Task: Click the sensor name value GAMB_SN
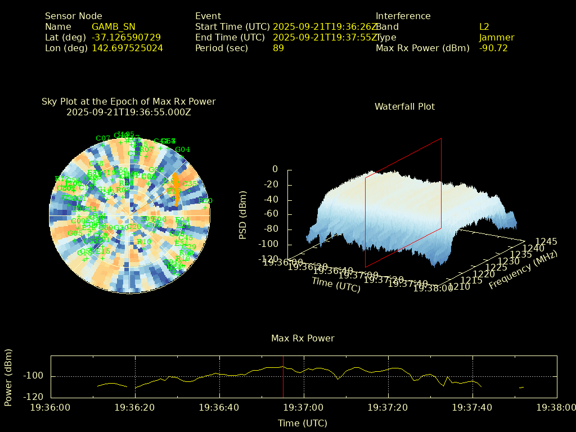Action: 113,26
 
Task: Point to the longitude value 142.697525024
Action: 127,48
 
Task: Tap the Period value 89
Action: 278,48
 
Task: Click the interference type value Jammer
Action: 497,37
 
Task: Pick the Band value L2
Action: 484,26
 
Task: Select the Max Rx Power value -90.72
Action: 493,48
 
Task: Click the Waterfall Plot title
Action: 404,106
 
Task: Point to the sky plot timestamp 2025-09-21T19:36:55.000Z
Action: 129,112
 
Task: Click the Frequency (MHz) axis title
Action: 523,270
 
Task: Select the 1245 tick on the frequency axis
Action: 546,241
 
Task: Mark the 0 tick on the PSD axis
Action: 275,169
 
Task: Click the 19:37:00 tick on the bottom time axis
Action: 303,407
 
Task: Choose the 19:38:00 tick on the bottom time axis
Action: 556,407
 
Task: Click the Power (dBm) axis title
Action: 8,377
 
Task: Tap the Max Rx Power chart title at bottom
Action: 303,338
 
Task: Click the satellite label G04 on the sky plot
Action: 183,149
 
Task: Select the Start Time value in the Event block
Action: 325,26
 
